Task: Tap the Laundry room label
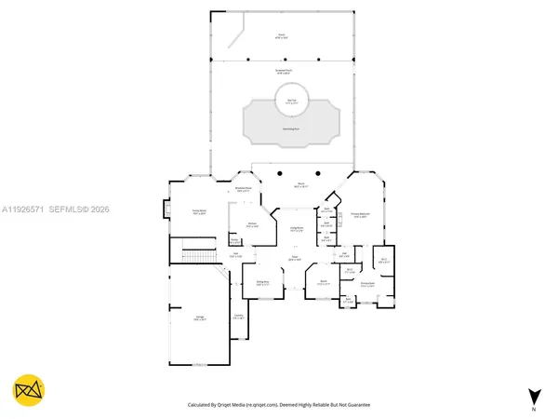239,317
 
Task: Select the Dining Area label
262,282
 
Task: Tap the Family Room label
198,212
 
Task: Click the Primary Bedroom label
362,216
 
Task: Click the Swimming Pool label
291,128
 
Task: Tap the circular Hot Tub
291,101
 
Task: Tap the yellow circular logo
28,390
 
